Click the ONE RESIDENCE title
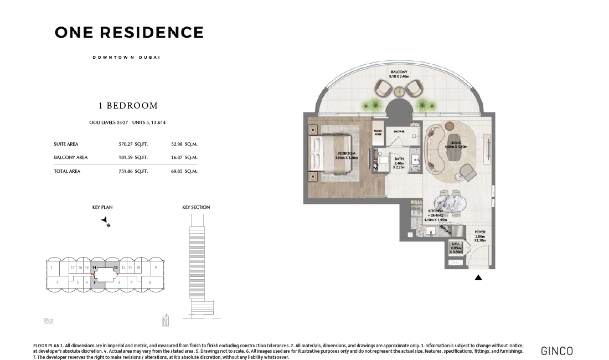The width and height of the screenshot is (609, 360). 129,33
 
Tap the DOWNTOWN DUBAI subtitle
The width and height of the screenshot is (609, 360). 126,58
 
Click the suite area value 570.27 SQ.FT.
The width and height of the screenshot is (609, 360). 133,144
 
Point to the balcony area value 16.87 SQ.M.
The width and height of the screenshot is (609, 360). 184,157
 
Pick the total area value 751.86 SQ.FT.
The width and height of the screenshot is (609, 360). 133,171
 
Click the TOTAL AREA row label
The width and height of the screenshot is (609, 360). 67,171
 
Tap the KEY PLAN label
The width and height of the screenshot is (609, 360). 102,207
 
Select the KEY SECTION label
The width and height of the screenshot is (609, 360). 196,207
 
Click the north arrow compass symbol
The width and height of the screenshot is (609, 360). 106,222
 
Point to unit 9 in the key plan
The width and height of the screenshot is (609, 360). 156,268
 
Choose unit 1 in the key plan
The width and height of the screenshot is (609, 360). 51,268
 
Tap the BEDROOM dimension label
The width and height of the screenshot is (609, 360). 347,156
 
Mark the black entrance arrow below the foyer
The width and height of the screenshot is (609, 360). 478,277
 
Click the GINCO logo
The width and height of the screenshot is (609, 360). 556,351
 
